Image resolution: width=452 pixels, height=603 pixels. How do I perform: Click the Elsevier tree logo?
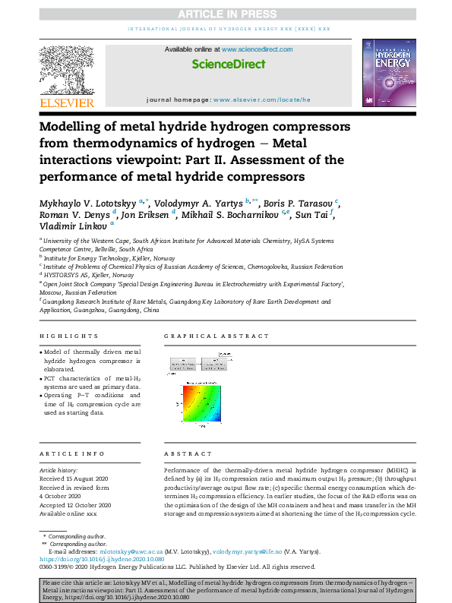point(67,69)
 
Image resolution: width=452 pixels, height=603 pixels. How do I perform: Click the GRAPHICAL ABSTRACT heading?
point(217,336)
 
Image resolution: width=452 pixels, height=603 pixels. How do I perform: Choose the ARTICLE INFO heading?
point(71,453)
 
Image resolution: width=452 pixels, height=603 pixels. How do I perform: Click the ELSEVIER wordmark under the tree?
point(67,103)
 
